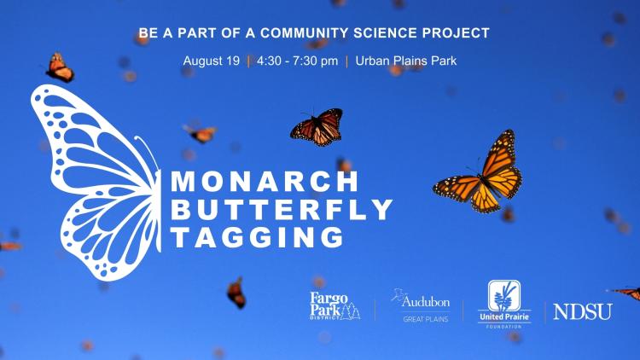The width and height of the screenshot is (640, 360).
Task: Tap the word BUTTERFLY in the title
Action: (x=282, y=208)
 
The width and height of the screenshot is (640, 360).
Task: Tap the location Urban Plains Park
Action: (x=404, y=61)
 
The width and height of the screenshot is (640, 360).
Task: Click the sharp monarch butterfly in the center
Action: (x=317, y=127)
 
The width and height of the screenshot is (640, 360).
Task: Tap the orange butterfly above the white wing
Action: (x=60, y=67)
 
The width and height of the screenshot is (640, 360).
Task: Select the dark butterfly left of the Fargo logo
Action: (x=236, y=293)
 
